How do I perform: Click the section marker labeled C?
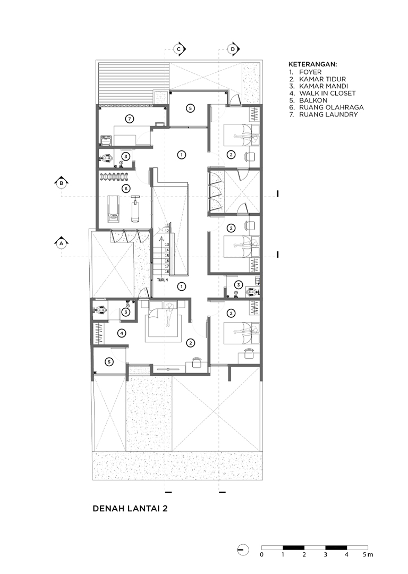(179, 49)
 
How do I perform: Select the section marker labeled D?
(233, 49)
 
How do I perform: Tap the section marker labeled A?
(62, 243)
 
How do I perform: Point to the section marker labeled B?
(62, 183)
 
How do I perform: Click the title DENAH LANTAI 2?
(130, 509)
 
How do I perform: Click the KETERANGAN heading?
(313, 64)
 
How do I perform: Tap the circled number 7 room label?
(128, 119)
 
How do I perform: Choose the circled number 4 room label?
(122, 333)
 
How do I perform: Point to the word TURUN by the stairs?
(163, 280)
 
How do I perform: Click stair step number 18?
(166, 272)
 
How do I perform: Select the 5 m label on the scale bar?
(368, 554)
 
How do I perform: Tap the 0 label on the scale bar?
(261, 554)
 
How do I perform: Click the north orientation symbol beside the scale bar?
(243, 550)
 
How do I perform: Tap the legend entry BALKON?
(308, 100)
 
